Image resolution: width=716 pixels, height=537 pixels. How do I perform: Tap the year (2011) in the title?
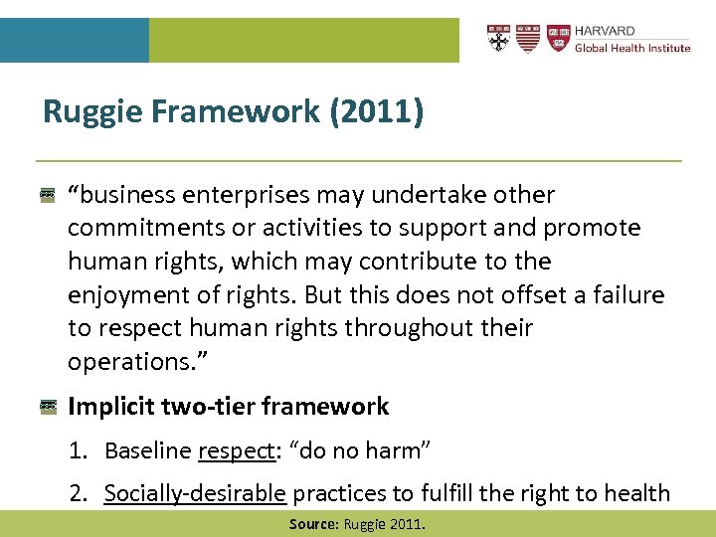(377, 111)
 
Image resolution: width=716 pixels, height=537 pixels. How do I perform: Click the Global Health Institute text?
(632, 48)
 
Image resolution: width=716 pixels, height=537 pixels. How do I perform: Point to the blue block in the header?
(74, 40)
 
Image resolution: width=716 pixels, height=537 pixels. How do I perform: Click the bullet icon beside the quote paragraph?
(47, 195)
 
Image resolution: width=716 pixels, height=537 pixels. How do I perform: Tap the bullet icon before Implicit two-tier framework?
(47, 407)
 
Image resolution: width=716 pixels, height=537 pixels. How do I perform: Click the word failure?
(627, 294)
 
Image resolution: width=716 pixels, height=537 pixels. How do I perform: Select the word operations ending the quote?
(121, 361)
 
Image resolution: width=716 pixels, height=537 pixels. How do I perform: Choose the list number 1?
(77, 450)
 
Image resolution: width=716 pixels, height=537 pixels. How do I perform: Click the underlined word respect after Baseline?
(235, 451)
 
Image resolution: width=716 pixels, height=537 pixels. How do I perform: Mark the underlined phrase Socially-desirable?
(195, 492)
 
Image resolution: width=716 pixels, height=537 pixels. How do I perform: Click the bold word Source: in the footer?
(313, 523)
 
